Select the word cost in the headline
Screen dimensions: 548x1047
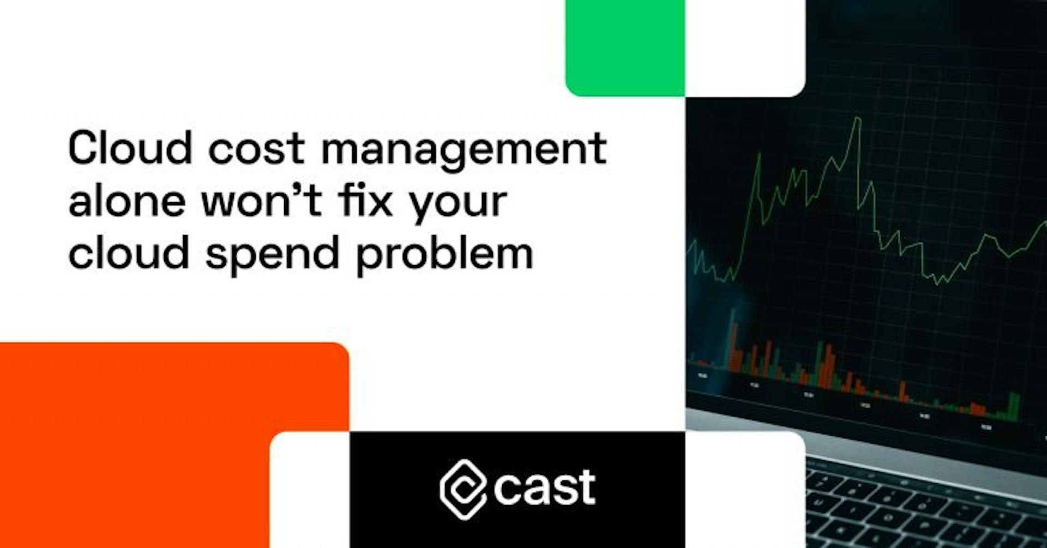pyautogui.click(x=256, y=148)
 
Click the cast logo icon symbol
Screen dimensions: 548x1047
pyautogui.click(x=462, y=488)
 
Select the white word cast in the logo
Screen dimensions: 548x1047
pyautogui.click(x=544, y=486)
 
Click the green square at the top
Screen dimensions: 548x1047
pyautogui.click(x=625, y=48)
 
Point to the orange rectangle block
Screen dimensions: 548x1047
pyautogui.click(x=164, y=436)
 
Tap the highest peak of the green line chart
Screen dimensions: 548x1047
pyautogui.click(x=858, y=118)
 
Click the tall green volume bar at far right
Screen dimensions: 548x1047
pyautogui.click(x=1014, y=406)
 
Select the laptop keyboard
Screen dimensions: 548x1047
pyautogui.click(x=927, y=507)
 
